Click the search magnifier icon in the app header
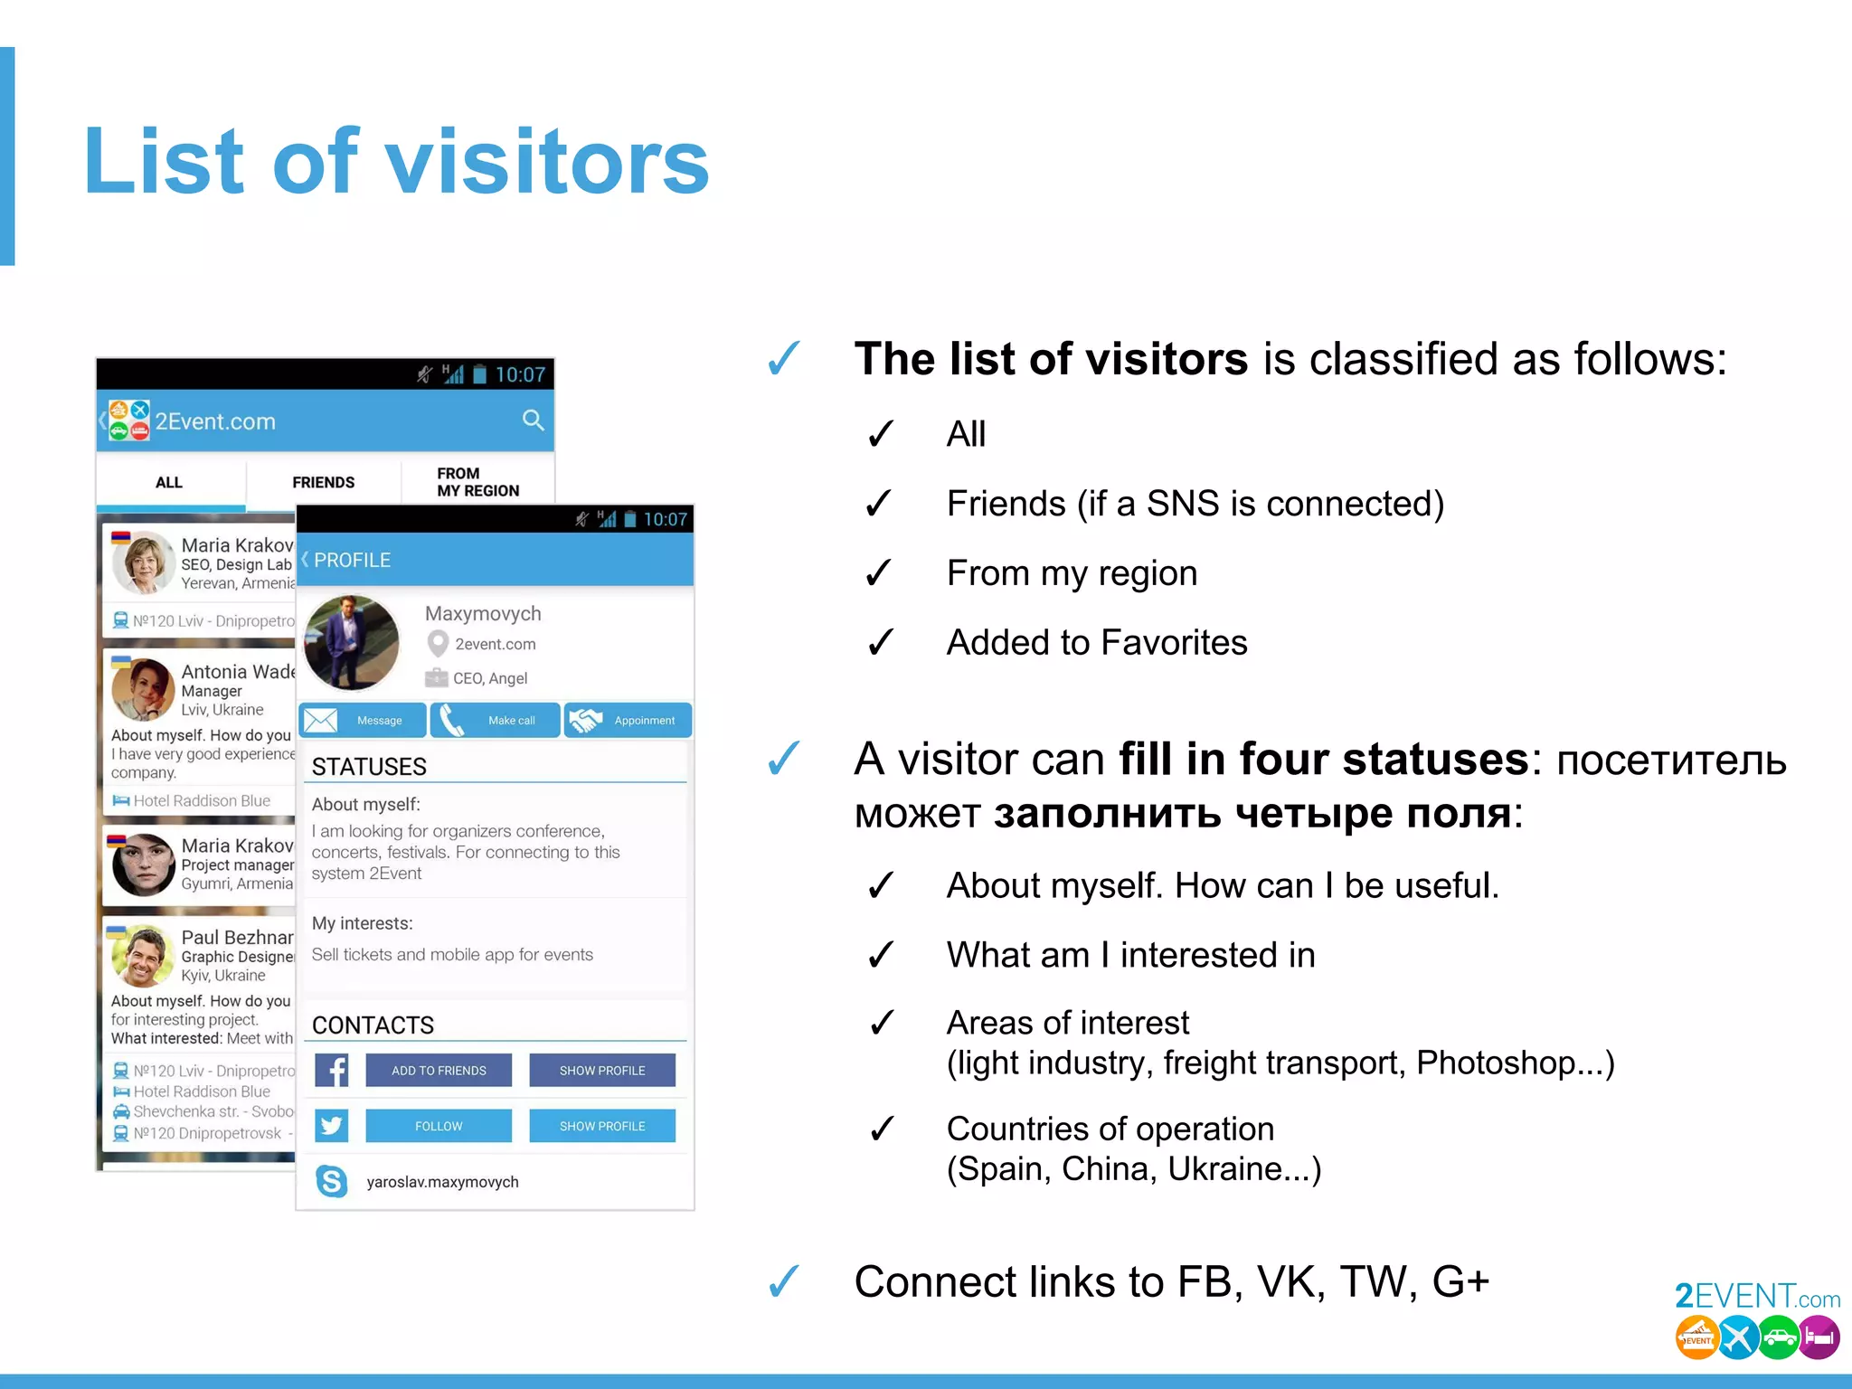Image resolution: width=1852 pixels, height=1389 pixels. pos(533,420)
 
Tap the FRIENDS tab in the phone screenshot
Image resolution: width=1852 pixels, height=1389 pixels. pos(323,483)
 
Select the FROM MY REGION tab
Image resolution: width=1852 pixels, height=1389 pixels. pos(477,482)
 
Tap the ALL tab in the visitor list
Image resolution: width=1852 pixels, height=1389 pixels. pos(169,483)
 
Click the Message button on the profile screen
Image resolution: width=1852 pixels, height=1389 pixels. pos(363,721)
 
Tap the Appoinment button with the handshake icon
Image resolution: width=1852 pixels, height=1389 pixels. pos(628,721)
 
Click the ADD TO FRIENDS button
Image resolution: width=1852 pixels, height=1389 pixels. pos(439,1071)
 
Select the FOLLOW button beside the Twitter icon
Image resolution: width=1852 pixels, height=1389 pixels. pos(439,1127)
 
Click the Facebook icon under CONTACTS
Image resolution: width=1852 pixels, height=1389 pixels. pos(332,1071)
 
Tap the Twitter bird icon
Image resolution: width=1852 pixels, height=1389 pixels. pos(332,1126)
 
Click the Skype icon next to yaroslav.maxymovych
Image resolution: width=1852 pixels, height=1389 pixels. pos(332,1181)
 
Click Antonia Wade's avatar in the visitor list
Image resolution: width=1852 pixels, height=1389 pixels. pos(143,689)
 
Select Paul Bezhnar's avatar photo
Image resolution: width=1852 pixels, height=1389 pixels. pos(143,955)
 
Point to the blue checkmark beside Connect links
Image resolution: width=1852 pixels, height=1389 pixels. pos(783,1281)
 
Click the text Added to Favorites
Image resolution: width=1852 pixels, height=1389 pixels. pos(1097,643)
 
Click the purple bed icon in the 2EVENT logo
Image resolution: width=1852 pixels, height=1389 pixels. pos(1819,1337)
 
